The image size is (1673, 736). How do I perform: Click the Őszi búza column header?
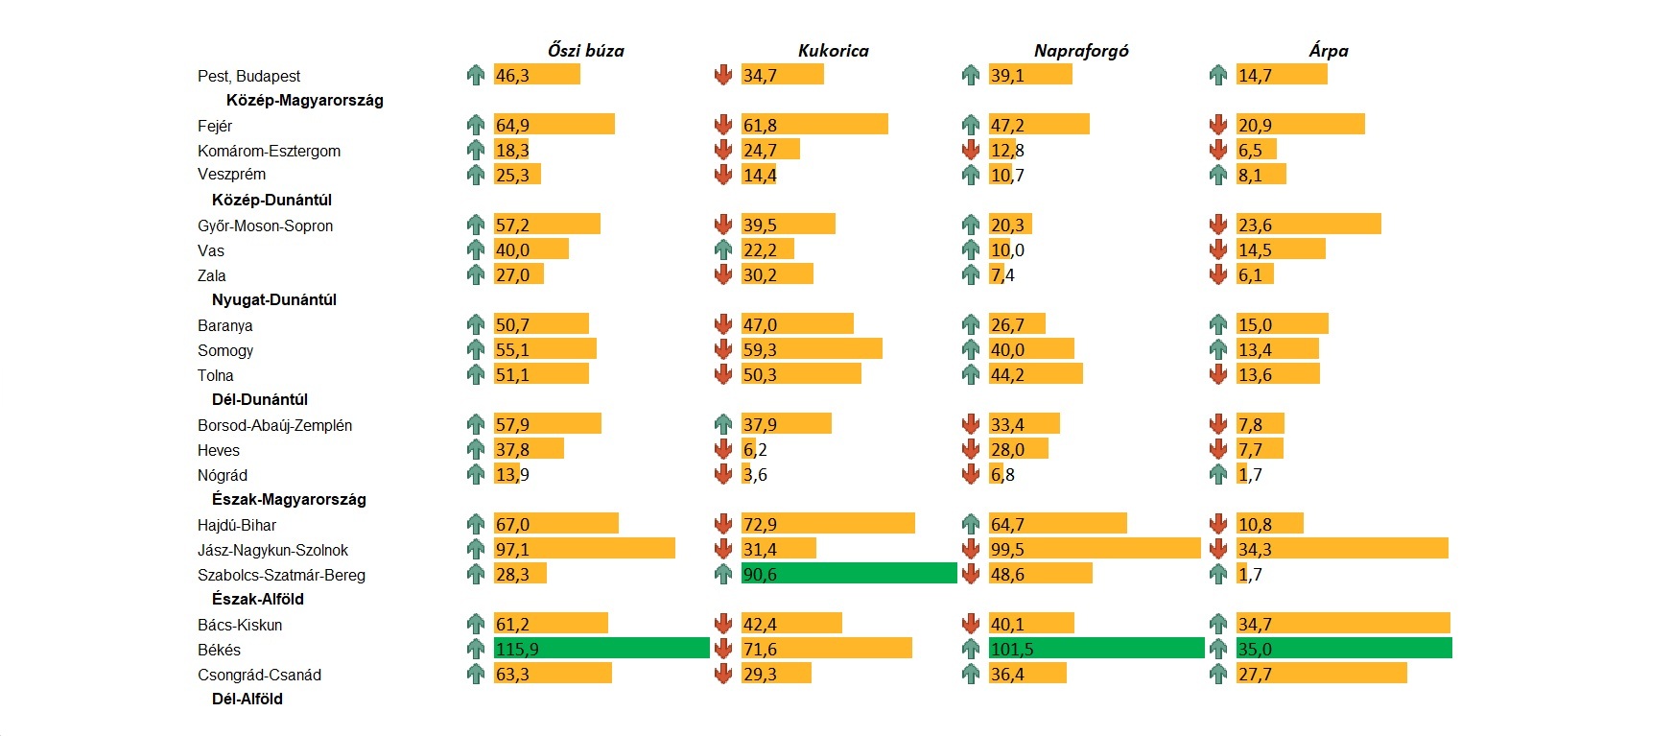point(585,51)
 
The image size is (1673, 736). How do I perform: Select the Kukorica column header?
point(833,51)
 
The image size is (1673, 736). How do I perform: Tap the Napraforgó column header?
point(1080,51)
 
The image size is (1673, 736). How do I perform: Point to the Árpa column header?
point(1328,51)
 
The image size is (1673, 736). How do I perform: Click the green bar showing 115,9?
point(601,649)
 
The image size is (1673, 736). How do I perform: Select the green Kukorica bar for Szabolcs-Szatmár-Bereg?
point(849,574)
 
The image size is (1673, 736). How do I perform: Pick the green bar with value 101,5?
point(1096,649)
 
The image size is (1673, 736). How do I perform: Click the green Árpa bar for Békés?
point(1344,649)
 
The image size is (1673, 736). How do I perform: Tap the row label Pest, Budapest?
point(248,76)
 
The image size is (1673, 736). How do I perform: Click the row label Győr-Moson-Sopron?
point(265,226)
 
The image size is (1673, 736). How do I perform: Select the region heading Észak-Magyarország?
point(289,499)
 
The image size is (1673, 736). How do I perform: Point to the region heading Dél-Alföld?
point(247,699)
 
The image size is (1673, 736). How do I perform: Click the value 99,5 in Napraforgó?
point(1007,550)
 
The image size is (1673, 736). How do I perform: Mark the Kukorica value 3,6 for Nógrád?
point(755,475)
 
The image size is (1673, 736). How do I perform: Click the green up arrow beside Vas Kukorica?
point(723,249)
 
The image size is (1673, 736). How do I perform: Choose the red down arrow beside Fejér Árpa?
point(1218,125)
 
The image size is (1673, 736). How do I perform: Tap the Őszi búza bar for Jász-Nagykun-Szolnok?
point(584,549)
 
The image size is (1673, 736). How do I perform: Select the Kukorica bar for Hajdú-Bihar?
point(828,524)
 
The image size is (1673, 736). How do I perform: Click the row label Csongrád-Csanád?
point(259,675)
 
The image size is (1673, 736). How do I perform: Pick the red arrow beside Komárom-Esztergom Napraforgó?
point(971,150)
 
